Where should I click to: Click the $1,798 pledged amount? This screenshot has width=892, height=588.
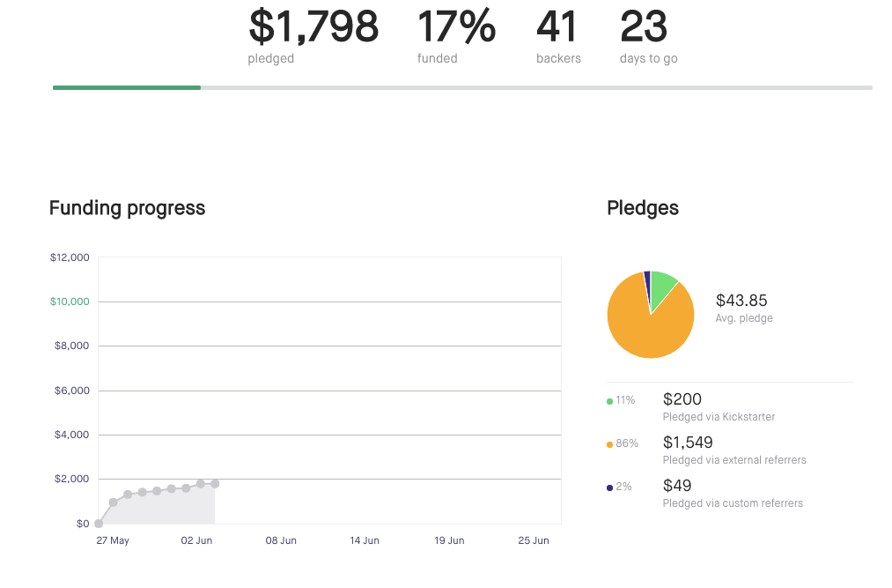coord(313,26)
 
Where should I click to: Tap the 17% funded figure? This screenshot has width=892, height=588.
coord(456,26)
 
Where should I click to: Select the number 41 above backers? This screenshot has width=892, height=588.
coord(557,26)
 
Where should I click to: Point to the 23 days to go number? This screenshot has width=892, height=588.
coord(644,26)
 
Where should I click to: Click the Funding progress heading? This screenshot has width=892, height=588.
coord(127,208)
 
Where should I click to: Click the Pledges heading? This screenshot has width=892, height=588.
coord(643,208)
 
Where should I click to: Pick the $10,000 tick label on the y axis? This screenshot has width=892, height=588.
coord(70,301)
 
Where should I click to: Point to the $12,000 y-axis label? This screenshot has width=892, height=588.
coord(70,257)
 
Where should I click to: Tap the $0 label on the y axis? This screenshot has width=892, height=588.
coord(83,524)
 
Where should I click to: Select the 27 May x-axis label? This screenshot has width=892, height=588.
coord(113,540)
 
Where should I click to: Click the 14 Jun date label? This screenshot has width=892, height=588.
coord(365,540)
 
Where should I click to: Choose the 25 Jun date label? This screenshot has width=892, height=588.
coord(534,540)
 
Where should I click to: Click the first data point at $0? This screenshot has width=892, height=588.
coord(99,524)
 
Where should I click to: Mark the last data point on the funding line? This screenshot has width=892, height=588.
coord(215,483)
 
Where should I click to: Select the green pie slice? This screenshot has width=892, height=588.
coord(662,286)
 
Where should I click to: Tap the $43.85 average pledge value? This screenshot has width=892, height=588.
coord(741,301)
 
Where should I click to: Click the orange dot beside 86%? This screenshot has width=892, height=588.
coord(610,444)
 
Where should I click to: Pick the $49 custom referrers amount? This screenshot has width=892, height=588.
coord(677,486)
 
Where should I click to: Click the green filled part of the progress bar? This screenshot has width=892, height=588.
coord(127,87)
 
